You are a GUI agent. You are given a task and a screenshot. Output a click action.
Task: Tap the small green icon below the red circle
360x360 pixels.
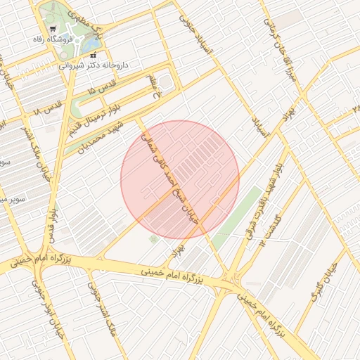[153, 240]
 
